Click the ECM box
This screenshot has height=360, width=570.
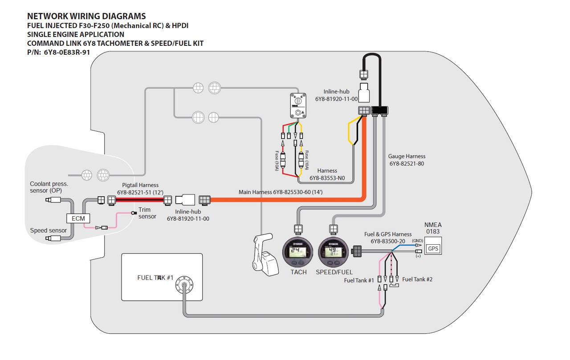[x=78, y=218]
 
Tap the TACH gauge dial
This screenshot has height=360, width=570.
[x=298, y=252]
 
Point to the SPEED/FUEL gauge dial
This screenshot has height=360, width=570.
[x=333, y=252]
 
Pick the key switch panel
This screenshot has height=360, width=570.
[x=298, y=105]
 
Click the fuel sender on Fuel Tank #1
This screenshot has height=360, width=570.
[x=184, y=285]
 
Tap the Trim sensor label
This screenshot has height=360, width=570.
[x=147, y=213]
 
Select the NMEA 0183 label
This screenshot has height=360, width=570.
[x=433, y=228]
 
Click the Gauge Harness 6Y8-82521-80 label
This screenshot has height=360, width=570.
[x=407, y=160]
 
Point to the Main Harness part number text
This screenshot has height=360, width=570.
[x=281, y=192]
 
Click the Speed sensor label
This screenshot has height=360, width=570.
[x=49, y=231]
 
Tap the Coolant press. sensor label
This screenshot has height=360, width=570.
[x=49, y=187]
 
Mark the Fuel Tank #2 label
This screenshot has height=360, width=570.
[x=417, y=279]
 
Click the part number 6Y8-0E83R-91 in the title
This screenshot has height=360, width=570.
[x=67, y=53]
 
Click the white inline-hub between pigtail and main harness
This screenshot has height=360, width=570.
[x=185, y=200]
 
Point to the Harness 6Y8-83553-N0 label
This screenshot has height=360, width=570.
[x=327, y=174]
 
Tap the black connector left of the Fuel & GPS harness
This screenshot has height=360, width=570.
[x=357, y=251]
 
